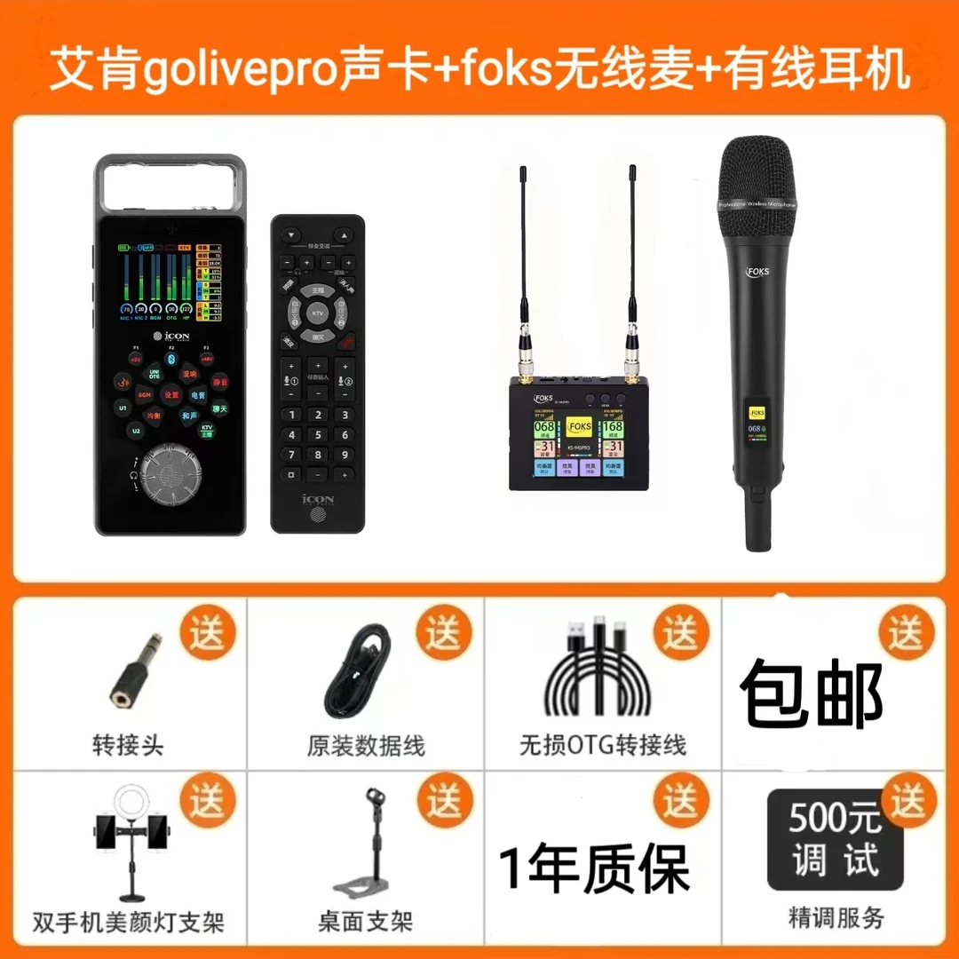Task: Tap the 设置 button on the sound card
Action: tap(171, 395)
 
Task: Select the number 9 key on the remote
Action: tap(345, 456)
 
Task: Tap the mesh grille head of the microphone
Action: tap(757, 182)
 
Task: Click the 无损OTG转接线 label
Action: tap(603, 745)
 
